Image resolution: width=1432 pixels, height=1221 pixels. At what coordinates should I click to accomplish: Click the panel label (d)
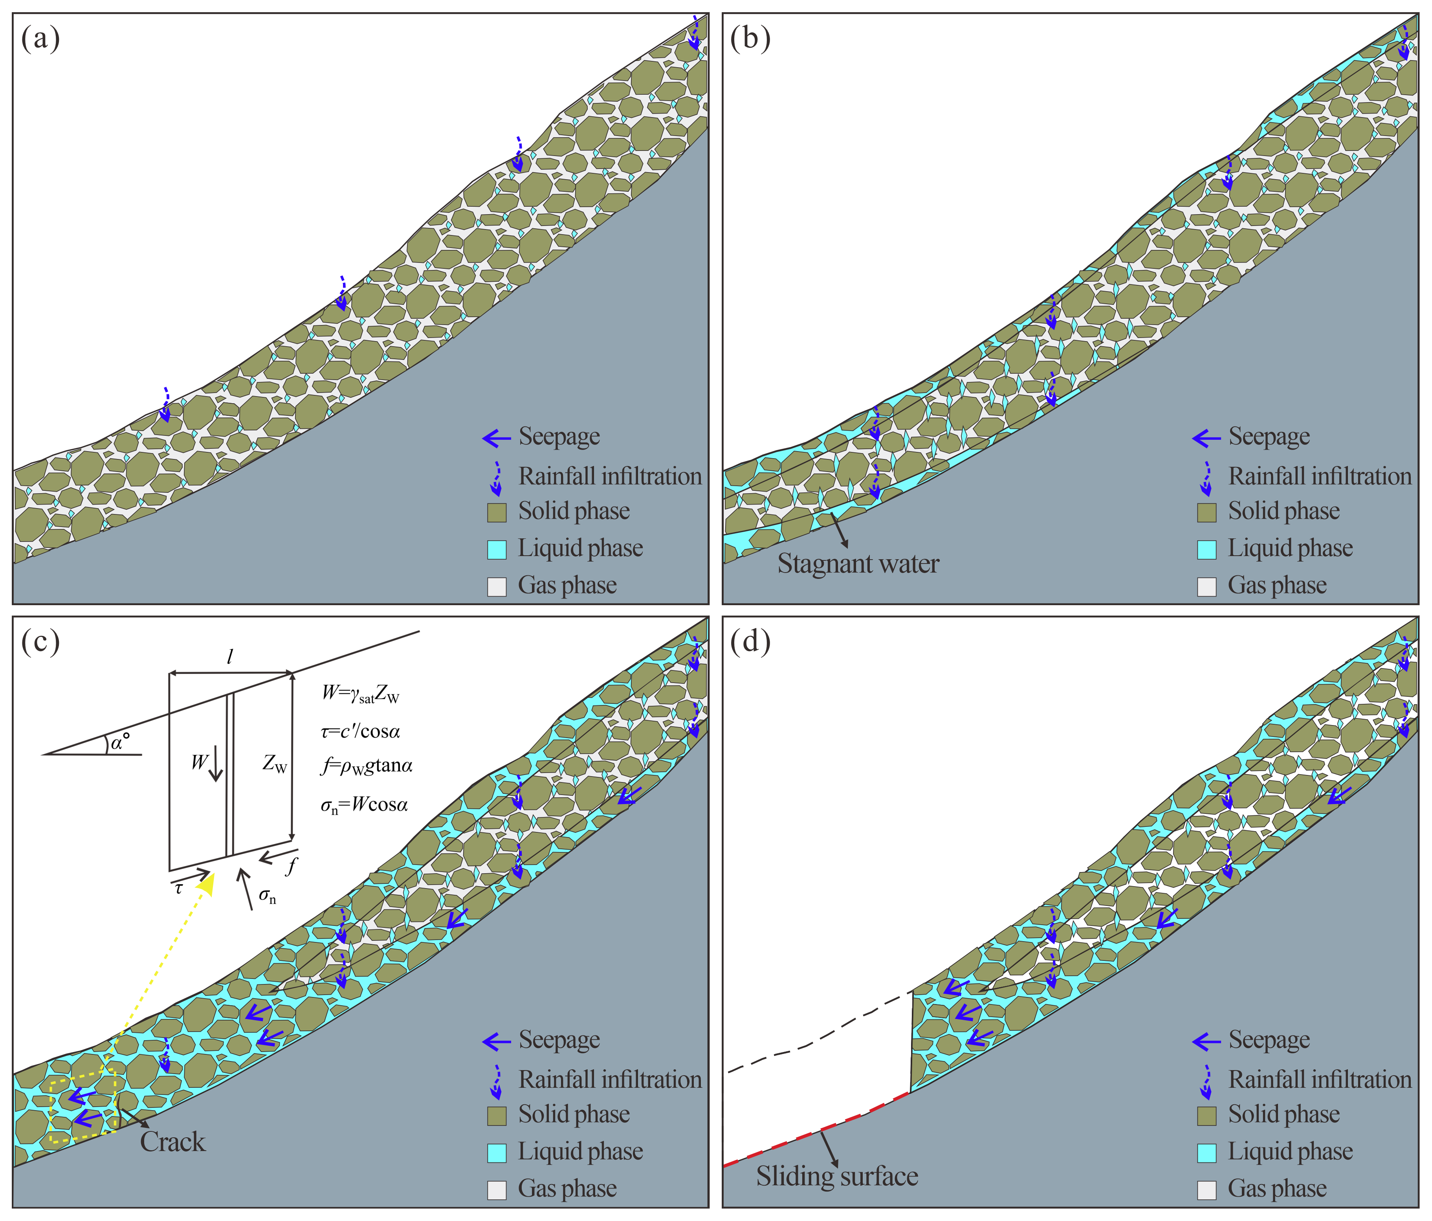coord(750,642)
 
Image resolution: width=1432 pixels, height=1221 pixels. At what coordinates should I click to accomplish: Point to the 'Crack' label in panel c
coord(173,1142)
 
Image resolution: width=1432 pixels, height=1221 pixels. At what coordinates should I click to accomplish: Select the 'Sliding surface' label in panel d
coord(837,1177)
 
